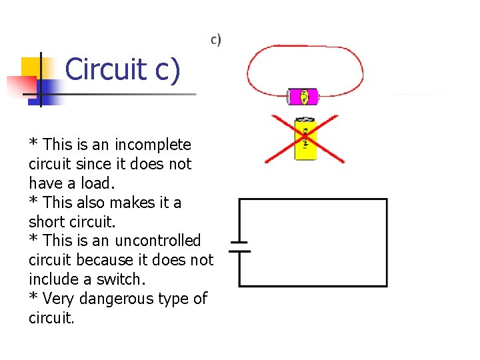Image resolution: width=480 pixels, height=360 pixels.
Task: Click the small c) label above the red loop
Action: [216, 40]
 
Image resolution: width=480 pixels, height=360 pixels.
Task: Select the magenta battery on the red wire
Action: [304, 97]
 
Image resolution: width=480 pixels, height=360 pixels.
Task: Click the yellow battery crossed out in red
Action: [305, 139]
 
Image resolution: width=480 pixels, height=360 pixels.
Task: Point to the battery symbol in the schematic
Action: [239, 247]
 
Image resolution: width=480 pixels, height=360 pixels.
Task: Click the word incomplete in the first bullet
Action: [153, 145]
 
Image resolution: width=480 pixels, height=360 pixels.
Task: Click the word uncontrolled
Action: [158, 240]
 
